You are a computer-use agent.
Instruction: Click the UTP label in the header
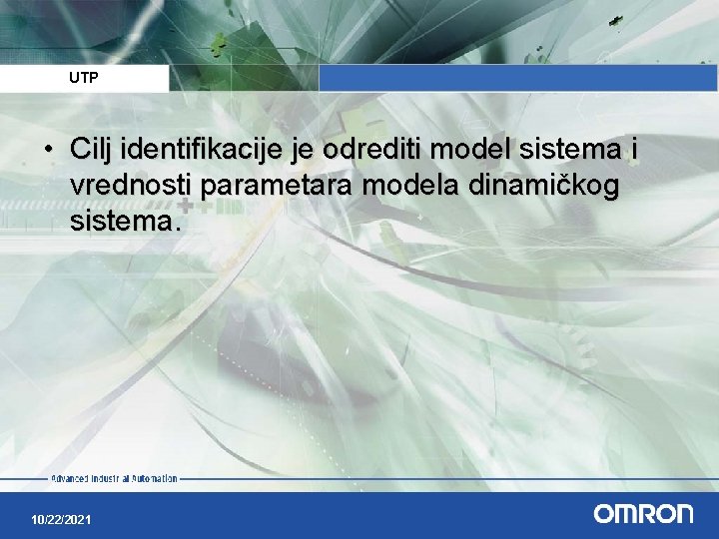click(x=84, y=77)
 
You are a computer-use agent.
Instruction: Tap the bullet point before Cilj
click(x=48, y=151)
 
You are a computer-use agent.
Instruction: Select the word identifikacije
click(x=189, y=151)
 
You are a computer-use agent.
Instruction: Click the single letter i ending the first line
click(x=632, y=151)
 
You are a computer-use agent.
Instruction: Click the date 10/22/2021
click(x=61, y=520)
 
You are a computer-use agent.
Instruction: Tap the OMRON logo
click(x=643, y=514)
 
